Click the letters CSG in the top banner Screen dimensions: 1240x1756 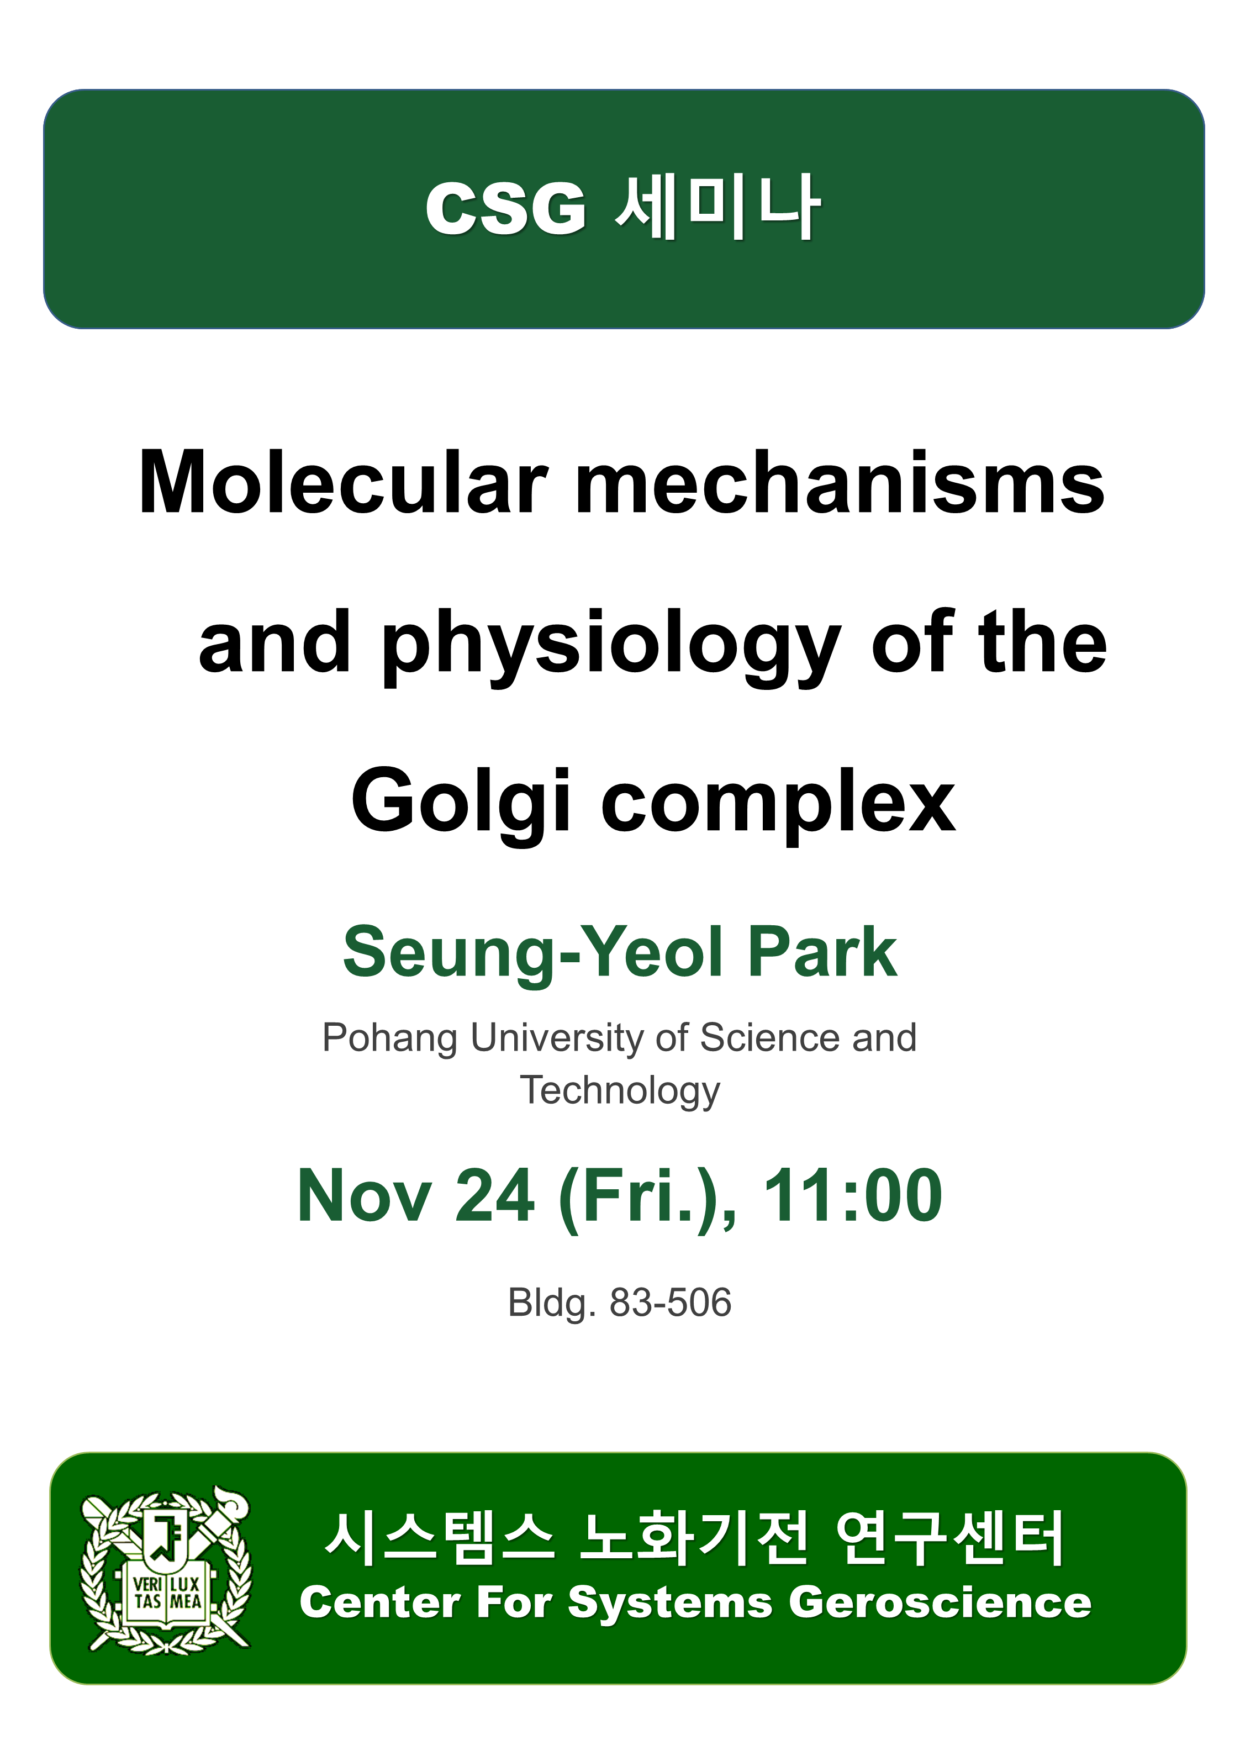pos(505,208)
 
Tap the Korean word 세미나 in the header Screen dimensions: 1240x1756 pos(717,207)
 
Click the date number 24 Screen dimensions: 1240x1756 pos(495,1195)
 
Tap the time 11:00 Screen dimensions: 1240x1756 pos(853,1195)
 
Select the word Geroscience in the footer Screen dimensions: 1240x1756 pos(940,1602)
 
